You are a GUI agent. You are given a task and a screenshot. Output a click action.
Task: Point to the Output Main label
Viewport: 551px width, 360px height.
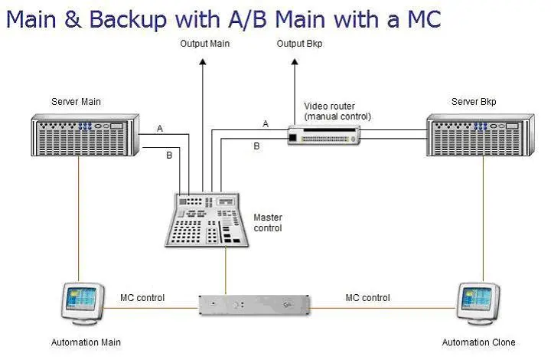pos(204,44)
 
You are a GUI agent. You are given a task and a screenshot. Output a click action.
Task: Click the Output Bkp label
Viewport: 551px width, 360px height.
pos(299,44)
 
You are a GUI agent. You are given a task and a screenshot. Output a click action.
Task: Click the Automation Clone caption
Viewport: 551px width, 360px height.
pos(479,342)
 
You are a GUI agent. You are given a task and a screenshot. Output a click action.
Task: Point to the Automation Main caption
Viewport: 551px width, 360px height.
pos(86,342)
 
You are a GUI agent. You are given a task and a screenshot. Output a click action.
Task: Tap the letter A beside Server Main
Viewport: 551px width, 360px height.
pos(160,129)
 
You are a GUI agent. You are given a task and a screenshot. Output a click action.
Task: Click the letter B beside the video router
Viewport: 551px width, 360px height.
pos(256,146)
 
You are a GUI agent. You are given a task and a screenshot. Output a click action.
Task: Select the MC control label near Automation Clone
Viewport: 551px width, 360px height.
pos(367,297)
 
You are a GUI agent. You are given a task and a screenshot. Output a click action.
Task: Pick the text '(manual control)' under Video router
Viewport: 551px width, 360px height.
pos(337,116)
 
